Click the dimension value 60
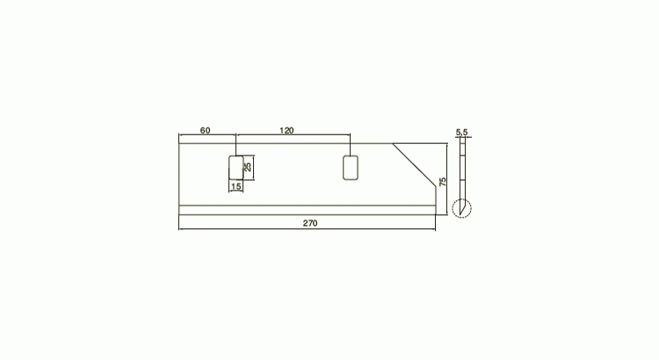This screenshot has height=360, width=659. (205, 131)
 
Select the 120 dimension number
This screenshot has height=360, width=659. (286, 131)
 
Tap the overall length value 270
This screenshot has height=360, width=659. (310, 223)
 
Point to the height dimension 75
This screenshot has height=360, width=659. (443, 182)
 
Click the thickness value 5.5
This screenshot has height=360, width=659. (461, 133)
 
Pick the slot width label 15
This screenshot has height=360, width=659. (236, 186)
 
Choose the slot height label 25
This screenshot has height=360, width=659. (248, 167)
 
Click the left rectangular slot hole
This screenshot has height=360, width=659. (236, 168)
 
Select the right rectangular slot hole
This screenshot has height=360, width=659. (351, 168)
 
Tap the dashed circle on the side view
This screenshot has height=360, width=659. (462, 199)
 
